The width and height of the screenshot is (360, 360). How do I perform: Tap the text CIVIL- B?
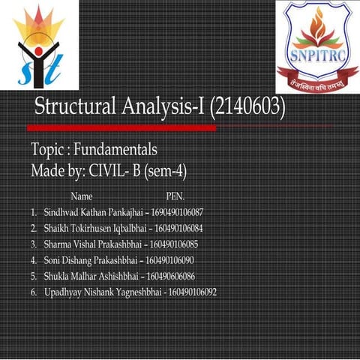(x=113, y=170)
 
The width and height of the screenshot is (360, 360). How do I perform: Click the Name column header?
(x=81, y=196)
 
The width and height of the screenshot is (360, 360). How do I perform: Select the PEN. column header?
(x=174, y=196)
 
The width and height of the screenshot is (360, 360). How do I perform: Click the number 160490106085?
(x=172, y=244)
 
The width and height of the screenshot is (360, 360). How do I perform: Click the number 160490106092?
(x=192, y=291)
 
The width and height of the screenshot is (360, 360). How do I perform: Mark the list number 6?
(x=34, y=291)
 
